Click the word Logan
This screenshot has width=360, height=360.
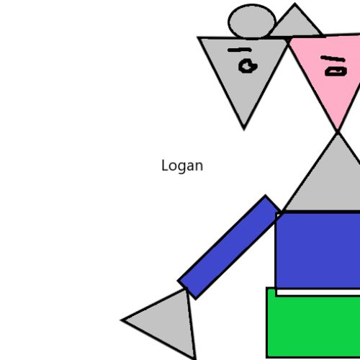point(182,166)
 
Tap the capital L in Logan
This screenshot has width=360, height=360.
point(164,165)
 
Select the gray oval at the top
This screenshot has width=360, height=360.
point(251,22)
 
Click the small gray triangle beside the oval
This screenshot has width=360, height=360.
point(297,24)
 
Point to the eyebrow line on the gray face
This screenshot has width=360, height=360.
point(239,50)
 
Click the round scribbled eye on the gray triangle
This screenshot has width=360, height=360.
point(248,66)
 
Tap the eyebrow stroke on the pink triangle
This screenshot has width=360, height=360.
point(333,58)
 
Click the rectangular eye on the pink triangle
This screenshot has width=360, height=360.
point(336,71)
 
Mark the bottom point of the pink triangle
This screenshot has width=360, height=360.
point(338,131)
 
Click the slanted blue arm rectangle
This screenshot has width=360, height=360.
point(229,247)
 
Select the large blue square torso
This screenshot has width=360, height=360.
point(318,250)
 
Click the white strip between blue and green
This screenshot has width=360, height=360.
point(319,292)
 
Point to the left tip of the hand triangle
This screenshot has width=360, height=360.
point(121,320)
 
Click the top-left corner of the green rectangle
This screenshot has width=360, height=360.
point(266,287)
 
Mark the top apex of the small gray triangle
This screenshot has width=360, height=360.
point(294,4)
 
